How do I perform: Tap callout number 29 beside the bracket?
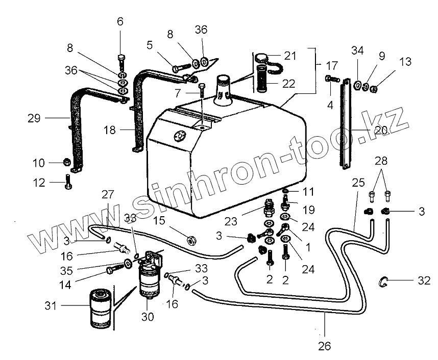[x=34, y=118]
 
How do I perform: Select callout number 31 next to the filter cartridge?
[x=50, y=306]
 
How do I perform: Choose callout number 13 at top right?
[x=405, y=62]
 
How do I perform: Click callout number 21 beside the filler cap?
[x=290, y=56]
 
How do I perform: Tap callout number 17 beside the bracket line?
[x=332, y=65]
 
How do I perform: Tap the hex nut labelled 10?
[x=66, y=163]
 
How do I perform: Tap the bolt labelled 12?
[x=67, y=182]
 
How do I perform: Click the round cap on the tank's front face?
[x=180, y=136]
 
